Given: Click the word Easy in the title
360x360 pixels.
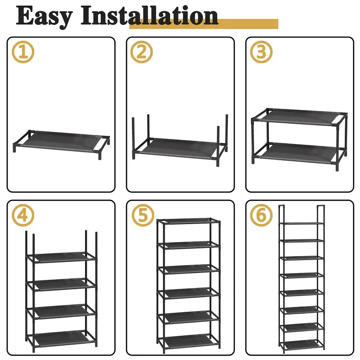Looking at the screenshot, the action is [44, 17].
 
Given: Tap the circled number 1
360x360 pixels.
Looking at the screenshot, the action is [23, 52].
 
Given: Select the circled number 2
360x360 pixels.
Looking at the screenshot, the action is [142, 52].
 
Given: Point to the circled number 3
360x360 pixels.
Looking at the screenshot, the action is [261, 52].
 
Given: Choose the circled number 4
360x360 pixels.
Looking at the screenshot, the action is [23, 216].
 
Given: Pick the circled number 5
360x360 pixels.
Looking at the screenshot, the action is [142, 216].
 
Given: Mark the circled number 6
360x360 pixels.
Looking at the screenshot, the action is [261, 216].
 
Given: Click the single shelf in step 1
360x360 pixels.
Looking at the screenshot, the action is [61, 141].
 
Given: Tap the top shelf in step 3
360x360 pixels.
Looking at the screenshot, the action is [299, 117].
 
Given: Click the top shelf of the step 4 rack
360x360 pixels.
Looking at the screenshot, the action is [61, 257].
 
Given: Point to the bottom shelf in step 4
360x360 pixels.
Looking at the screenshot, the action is [61, 338].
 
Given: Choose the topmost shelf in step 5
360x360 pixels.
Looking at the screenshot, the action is [189, 221].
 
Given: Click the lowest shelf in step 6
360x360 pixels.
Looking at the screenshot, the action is [301, 344].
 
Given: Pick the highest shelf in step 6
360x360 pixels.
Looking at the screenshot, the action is [301, 223].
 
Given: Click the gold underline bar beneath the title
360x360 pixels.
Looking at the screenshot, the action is [204, 24].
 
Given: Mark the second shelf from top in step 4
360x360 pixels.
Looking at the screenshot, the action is [61, 284].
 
